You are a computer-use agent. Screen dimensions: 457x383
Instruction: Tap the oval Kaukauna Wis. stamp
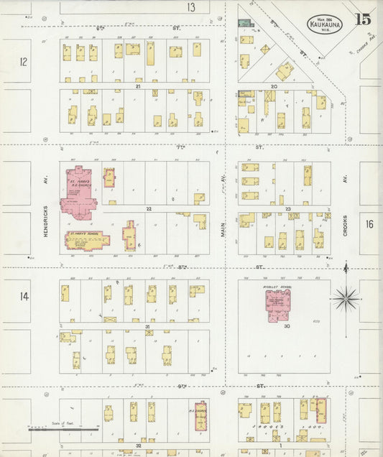[325, 22]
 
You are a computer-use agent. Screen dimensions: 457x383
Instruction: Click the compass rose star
[346, 295]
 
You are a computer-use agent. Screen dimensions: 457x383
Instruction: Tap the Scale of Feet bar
[54, 430]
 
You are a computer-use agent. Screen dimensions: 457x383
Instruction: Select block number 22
[149, 208]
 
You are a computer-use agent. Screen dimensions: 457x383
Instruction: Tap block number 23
[287, 208]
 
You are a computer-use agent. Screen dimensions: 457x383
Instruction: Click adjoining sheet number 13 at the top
[191, 7]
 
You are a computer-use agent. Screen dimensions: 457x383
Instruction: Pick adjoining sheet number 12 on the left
[23, 63]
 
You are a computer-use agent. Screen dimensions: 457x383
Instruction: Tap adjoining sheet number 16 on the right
[369, 224]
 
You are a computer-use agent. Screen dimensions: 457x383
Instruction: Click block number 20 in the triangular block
[274, 86]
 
